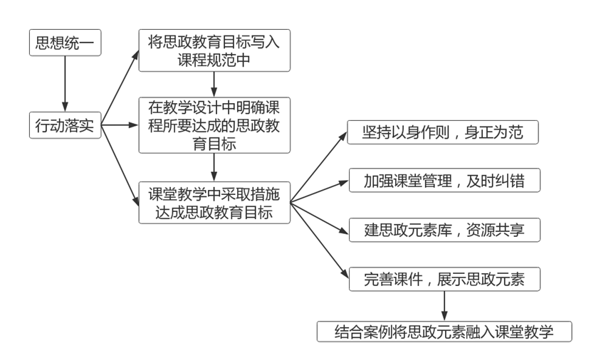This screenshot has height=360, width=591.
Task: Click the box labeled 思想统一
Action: click(x=65, y=43)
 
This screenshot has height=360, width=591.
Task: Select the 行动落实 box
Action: click(x=65, y=126)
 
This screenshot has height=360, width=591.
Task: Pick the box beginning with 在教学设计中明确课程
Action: click(x=214, y=125)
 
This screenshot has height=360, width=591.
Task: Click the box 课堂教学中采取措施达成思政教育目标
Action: click(x=214, y=203)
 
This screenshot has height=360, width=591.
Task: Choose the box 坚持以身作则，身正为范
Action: click(x=444, y=133)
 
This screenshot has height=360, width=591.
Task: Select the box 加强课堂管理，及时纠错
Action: click(x=444, y=181)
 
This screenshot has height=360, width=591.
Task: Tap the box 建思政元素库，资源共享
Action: click(x=444, y=230)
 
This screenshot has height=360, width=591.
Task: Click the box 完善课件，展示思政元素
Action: click(x=444, y=279)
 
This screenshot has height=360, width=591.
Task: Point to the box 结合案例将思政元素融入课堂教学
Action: click(x=444, y=331)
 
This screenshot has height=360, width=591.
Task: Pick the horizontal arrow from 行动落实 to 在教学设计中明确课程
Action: click(x=120, y=126)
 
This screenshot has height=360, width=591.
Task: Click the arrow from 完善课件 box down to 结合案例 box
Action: click(x=444, y=305)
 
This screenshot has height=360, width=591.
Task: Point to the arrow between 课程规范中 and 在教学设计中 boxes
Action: click(x=214, y=84)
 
